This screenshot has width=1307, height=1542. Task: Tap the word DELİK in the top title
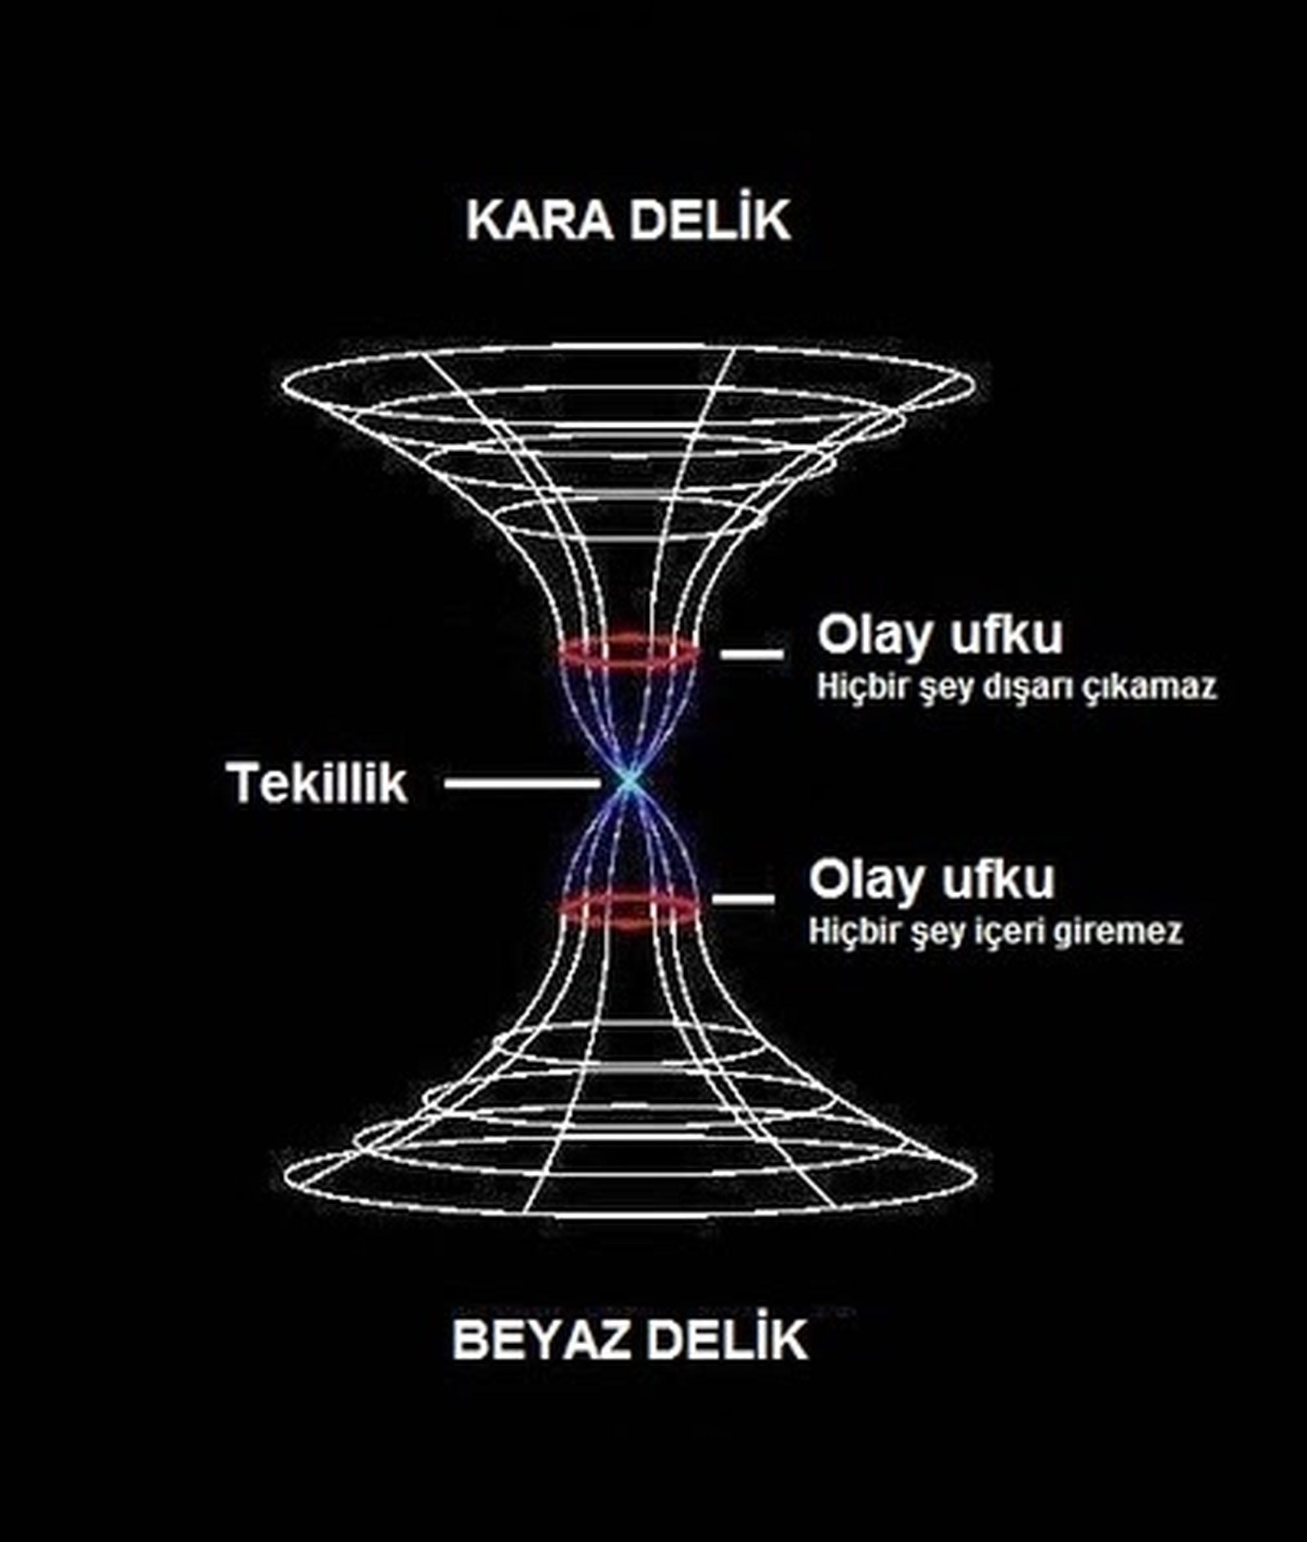coord(711,220)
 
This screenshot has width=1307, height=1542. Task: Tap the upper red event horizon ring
coord(628,650)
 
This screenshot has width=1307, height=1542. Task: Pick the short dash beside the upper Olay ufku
coord(752,653)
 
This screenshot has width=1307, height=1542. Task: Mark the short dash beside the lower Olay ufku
coord(743,899)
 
